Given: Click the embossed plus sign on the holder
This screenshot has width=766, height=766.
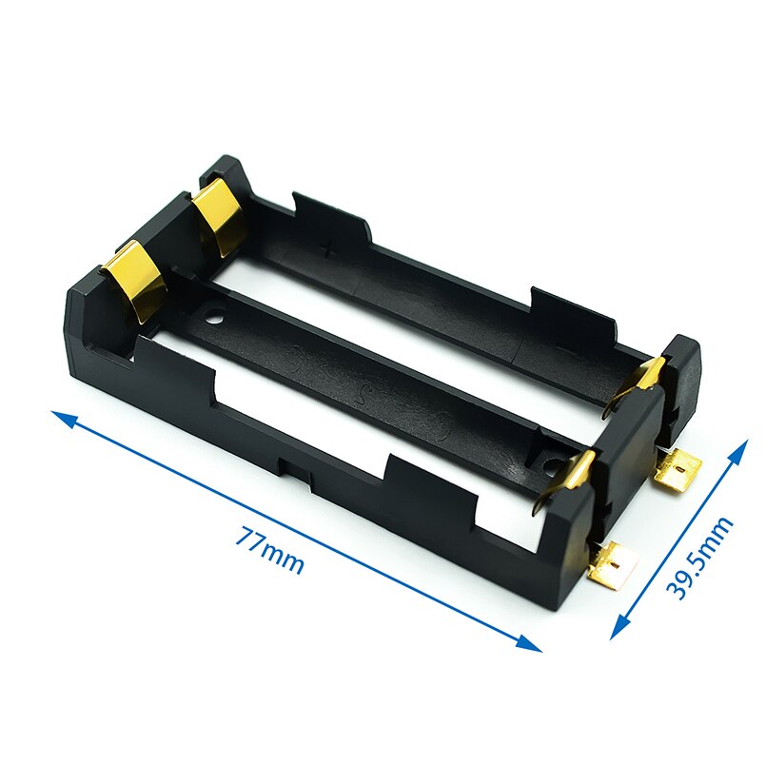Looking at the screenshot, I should [329, 250].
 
